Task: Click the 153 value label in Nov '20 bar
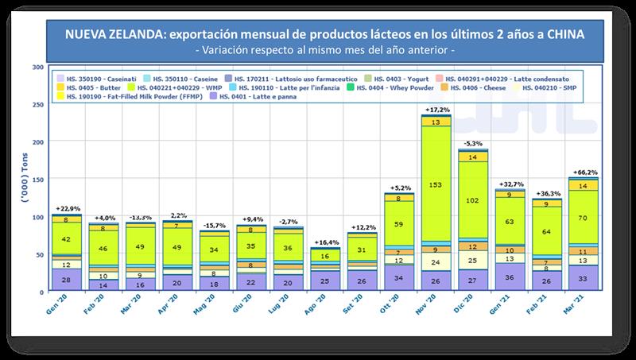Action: pyautogui.click(x=436, y=184)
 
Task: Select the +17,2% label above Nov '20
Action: pyautogui.click(x=436, y=108)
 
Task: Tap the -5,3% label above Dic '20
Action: pyautogui.click(x=473, y=144)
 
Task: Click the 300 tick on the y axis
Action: pyautogui.click(x=36, y=67)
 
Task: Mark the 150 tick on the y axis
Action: pyautogui.click(x=36, y=179)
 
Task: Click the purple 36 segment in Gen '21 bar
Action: pyautogui.click(x=510, y=277)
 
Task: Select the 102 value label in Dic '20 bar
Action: pyautogui.click(x=473, y=200)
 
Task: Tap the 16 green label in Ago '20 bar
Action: pyautogui.click(x=325, y=257)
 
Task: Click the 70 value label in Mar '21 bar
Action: pyautogui.click(x=584, y=217)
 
